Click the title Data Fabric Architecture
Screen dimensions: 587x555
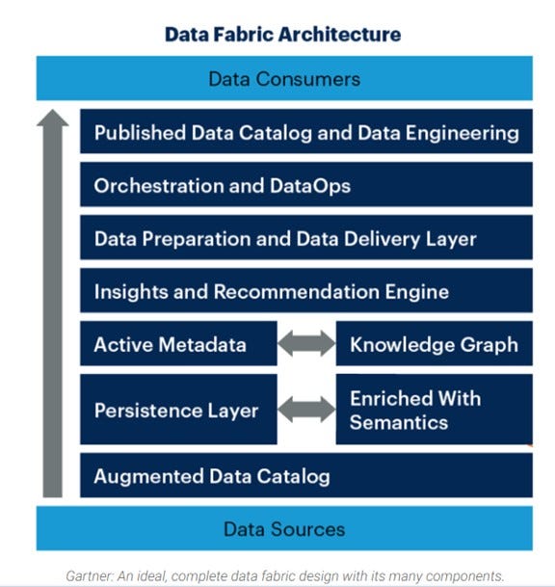point(282,35)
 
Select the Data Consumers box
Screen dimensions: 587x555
point(284,78)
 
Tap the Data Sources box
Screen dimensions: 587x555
point(284,528)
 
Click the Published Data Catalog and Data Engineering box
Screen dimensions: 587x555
point(306,133)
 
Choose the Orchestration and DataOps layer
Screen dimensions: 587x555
point(306,186)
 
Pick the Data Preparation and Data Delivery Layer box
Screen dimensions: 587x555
point(306,238)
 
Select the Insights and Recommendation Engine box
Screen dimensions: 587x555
point(306,291)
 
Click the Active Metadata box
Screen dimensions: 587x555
point(178,344)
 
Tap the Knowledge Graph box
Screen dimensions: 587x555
point(434,344)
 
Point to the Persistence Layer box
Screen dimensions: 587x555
point(178,411)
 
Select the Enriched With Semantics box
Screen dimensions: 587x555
point(434,411)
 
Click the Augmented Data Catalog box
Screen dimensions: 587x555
point(306,476)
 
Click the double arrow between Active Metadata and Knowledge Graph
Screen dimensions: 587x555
point(306,344)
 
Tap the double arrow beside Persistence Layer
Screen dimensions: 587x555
point(306,410)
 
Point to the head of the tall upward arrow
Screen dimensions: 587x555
point(54,120)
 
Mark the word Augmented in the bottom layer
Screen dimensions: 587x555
point(142,476)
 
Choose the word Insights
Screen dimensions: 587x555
point(129,291)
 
